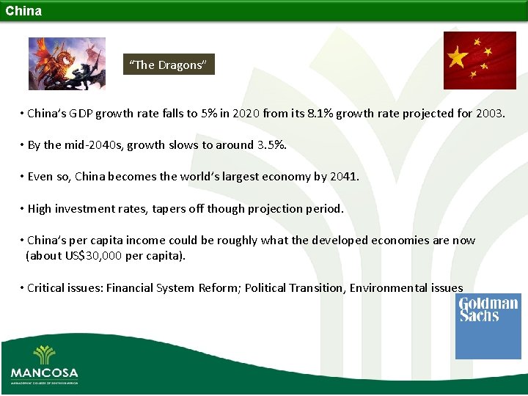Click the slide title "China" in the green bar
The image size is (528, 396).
click(x=23, y=11)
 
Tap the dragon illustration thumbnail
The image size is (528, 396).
click(x=67, y=64)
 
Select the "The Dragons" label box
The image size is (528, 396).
click(x=169, y=65)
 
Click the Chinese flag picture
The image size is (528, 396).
click(x=480, y=60)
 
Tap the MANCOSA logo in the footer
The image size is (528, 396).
click(x=44, y=363)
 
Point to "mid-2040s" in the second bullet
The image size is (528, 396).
click(x=93, y=144)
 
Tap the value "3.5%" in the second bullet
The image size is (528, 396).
click(x=271, y=144)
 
